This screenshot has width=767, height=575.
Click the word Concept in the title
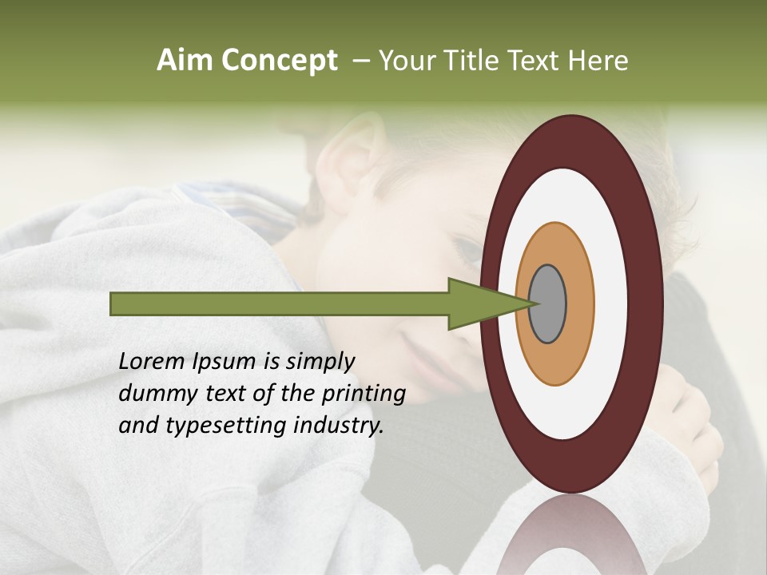pyautogui.click(x=280, y=61)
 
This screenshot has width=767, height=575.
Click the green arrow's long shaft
pyautogui.click(x=280, y=304)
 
